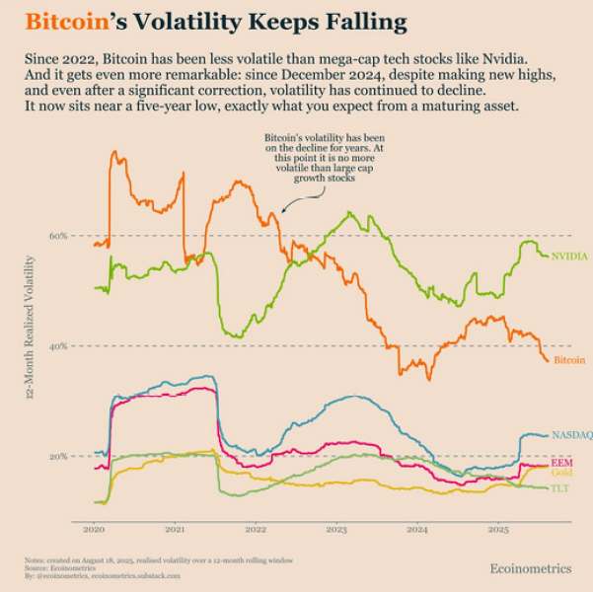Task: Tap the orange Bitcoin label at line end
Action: (x=569, y=361)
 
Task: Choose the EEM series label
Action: (x=561, y=463)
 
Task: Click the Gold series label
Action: (x=561, y=475)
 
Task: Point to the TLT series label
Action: (x=559, y=488)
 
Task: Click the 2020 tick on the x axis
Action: (x=94, y=530)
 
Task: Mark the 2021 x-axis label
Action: (x=175, y=530)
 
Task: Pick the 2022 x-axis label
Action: (x=256, y=530)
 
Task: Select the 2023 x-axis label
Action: (x=336, y=530)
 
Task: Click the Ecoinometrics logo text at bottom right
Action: (x=530, y=568)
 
